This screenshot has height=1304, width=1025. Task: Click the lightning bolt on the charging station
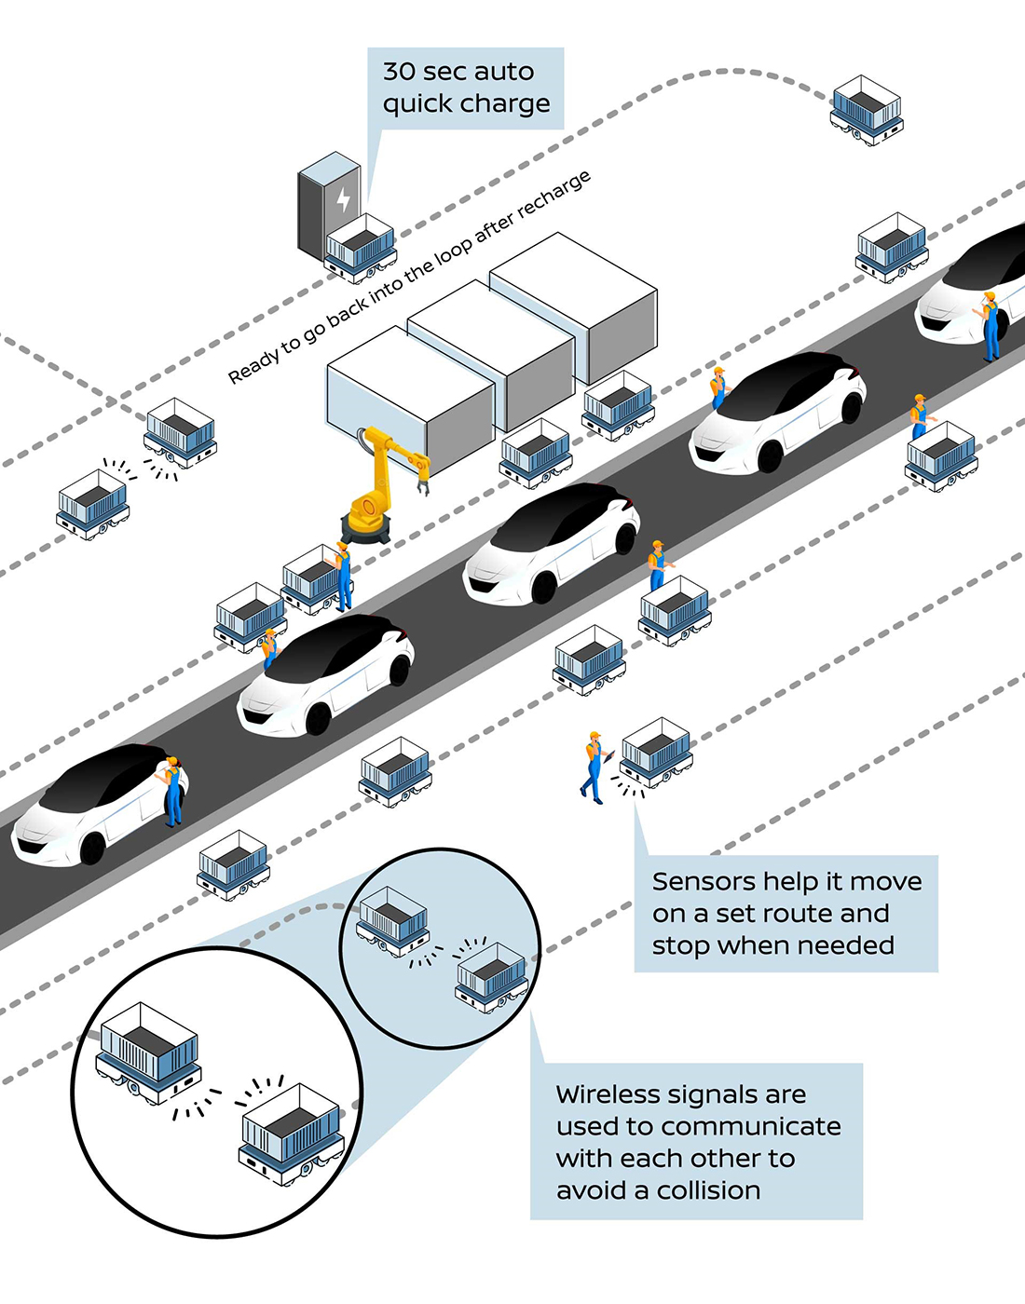point(342,199)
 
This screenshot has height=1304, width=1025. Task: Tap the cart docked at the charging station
point(361,247)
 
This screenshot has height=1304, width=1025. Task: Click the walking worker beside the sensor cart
point(593,767)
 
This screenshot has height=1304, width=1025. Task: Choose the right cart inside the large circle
point(291,1133)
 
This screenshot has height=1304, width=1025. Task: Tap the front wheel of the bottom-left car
point(92,849)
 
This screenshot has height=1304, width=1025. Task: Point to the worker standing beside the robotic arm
point(344,576)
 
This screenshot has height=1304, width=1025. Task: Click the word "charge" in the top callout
point(507,103)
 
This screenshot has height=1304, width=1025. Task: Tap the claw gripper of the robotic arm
point(422,482)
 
